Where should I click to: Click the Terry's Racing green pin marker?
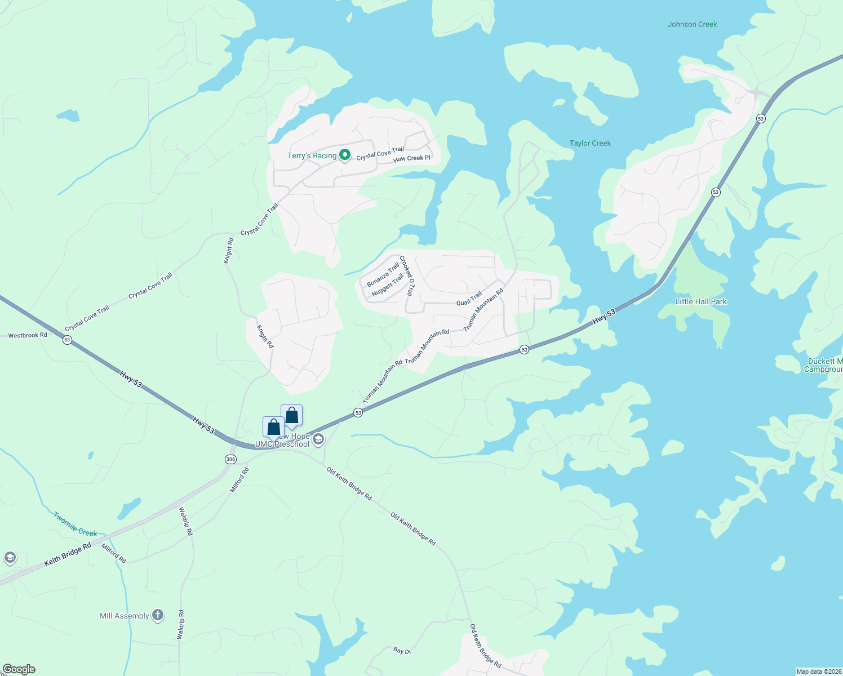(x=345, y=155)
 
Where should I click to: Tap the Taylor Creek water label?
(x=590, y=143)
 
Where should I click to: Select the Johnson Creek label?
(x=692, y=24)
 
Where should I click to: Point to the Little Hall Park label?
(x=701, y=301)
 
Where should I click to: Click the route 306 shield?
(x=230, y=459)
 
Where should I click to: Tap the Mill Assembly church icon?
(x=158, y=615)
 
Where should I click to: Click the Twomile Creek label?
(x=75, y=524)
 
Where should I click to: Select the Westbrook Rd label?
(x=28, y=335)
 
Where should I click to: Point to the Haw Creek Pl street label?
(x=412, y=158)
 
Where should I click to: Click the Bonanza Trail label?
(x=383, y=275)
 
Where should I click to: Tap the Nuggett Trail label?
(x=388, y=285)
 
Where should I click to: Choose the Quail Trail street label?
(x=469, y=299)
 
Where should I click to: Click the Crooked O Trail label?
(x=407, y=276)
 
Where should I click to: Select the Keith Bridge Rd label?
(x=68, y=555)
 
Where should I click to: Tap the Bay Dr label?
(x=402, y=651)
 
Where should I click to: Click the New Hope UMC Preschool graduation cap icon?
(x=318, y=439)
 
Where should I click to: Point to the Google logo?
(x=19, y=669)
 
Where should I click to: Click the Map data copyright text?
(x=818, y=671)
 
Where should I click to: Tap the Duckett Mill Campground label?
(x=824, y=365)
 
